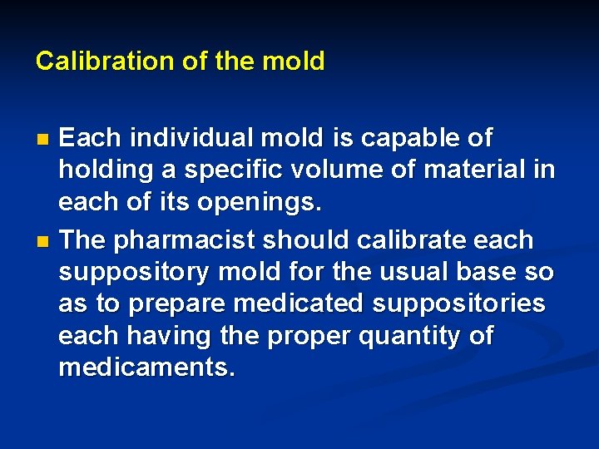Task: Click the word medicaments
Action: [x=146, y=368]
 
